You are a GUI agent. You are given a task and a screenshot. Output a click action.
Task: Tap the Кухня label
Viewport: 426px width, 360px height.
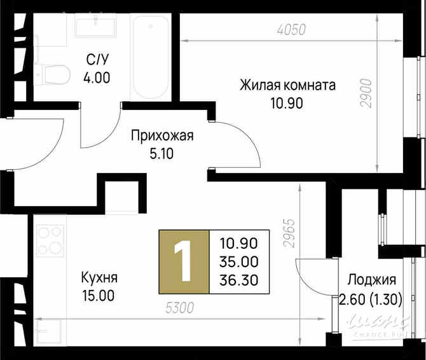coord(99,279)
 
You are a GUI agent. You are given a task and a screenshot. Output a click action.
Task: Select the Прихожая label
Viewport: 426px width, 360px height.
coord(161,135)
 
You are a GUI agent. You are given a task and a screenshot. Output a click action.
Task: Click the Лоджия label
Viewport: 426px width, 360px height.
coord(372,280)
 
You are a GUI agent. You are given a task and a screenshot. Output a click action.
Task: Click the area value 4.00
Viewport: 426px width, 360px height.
coord(96,78)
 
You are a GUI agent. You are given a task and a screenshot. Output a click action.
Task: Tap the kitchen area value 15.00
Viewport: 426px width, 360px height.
coord(99,296)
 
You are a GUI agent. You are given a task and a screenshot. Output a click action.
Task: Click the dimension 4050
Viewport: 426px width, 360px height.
coord(292,29)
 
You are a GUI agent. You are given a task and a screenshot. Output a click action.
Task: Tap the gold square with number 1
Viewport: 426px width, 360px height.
coord(183,261)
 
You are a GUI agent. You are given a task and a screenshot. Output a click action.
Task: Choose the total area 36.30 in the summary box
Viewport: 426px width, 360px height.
coord(238,280)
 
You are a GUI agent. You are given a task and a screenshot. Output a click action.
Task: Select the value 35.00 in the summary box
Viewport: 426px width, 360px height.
coord(238,261)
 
